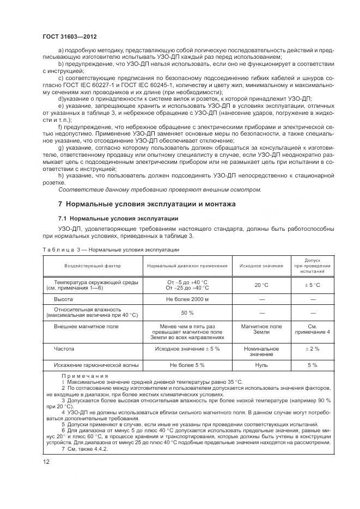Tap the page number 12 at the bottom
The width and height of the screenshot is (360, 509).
point(46,462)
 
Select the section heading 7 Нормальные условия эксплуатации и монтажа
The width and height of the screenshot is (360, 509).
point(147,204)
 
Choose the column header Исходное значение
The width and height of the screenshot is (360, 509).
point(261,266)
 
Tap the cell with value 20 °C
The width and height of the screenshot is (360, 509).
point(261,285)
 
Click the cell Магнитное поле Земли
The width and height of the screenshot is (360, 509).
point(261,329)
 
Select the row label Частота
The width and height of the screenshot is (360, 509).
point(64,348)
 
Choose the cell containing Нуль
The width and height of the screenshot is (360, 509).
point(261,365)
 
